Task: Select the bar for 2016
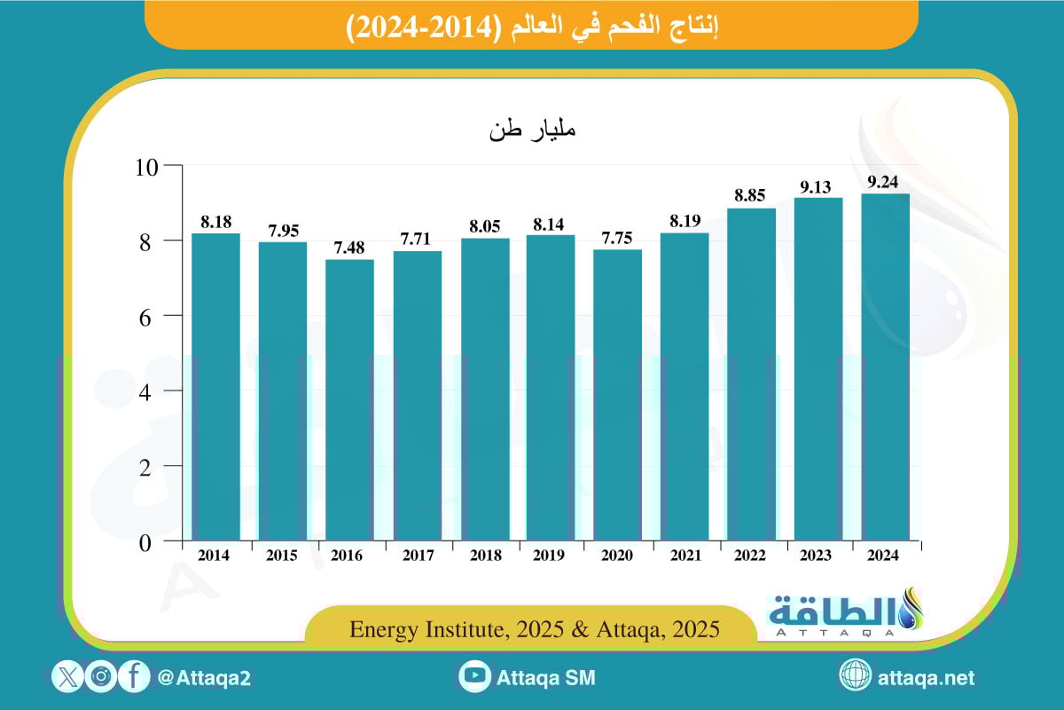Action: pyautogui.click(x=349, y=399)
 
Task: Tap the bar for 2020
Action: pyautogui.click(x=617, y=395)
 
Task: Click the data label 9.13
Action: pyautogui.click(x=818, y=187)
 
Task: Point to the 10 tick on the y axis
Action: pyautogui.click(x=147, y=166)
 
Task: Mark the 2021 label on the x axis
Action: pyautogui.click(x=684, y=556)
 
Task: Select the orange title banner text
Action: pyautogui.click(x=531, y=26)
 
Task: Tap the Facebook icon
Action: pyautogui.click(x=133, y=678)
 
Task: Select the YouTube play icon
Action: pyautogui.click(x=476, y=678)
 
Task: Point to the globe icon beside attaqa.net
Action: pyautogui.click(x=857, y=678)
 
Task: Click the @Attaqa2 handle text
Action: pyautogui.click(x=203, y=678)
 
